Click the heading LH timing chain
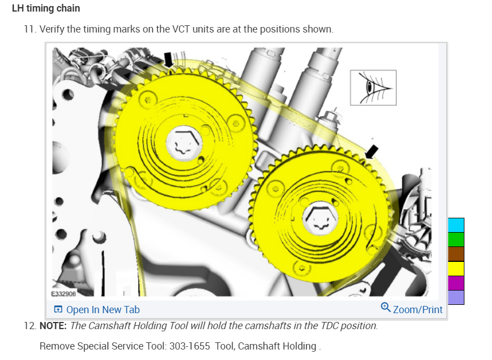46,8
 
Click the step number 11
30,29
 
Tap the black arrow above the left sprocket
168,60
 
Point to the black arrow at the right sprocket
372,152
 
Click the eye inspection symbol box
373,88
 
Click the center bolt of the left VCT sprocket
184,145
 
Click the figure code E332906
63,294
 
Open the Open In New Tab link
97,309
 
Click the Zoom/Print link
411,309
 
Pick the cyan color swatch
456,225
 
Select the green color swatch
456,240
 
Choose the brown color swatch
456,254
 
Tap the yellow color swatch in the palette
456,268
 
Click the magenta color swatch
456,283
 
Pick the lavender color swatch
456,297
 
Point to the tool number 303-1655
190,346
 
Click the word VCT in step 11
181,29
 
